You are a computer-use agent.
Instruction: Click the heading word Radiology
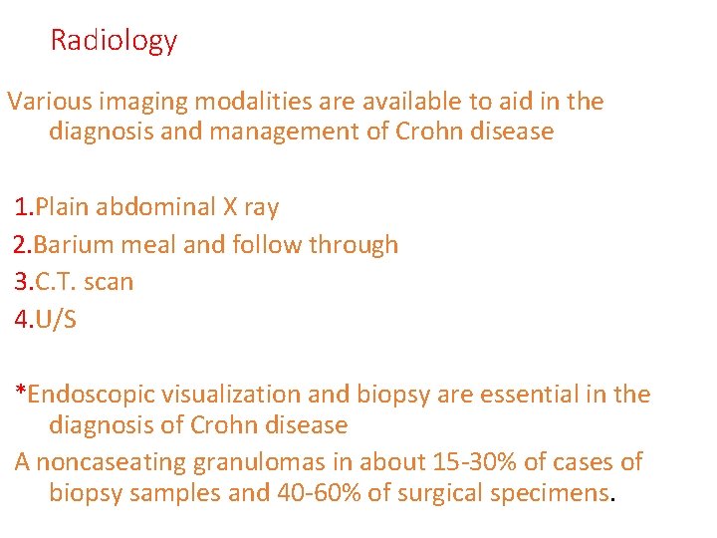(114, 40)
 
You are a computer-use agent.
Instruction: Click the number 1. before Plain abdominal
(24, 207)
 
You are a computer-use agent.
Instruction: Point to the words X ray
(250, 207)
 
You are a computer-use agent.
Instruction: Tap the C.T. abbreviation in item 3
(57, 281)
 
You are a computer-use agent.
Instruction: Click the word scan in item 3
(109, 281)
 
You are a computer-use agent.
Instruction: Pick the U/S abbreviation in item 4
(56, 319)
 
